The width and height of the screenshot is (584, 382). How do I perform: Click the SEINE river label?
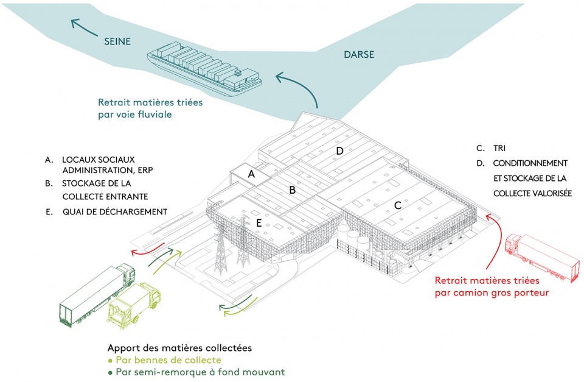117,41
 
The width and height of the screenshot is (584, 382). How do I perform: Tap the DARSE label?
359,55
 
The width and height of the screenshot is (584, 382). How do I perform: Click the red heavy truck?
542,258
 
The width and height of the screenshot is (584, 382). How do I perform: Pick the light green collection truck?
134,305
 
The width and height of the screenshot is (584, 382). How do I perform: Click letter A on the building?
251,174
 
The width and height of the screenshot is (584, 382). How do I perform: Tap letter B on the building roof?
293,190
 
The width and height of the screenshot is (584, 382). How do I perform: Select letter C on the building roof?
398,205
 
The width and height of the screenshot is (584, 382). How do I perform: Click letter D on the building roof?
339,151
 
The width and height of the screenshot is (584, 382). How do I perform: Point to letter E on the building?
259,224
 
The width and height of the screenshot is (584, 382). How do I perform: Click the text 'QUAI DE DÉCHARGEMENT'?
115,212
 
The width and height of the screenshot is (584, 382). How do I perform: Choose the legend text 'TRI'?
499,148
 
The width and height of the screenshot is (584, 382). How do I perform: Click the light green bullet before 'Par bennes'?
110,361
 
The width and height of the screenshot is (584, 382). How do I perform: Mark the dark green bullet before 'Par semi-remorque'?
110,372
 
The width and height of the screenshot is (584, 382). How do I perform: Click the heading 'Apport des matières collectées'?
179,348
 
